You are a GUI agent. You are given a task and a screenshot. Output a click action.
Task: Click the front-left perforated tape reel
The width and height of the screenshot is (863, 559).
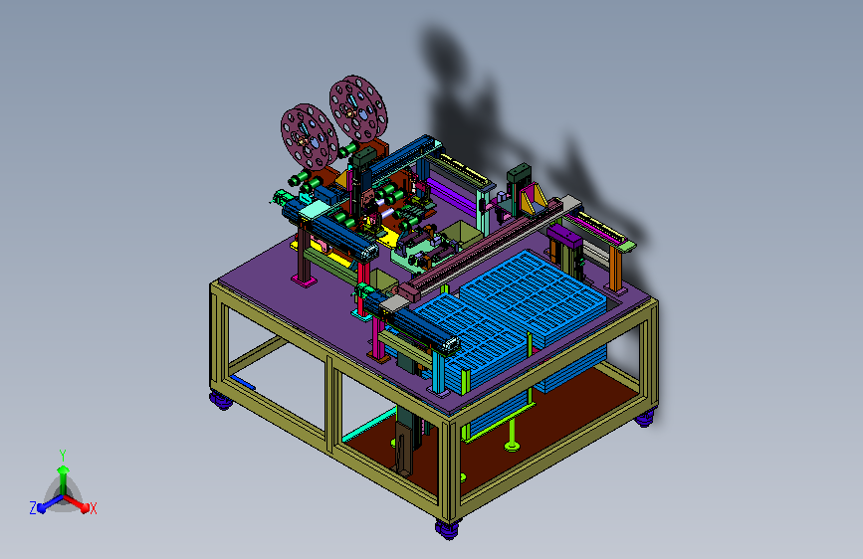pyautogui.click(x=309, y=137)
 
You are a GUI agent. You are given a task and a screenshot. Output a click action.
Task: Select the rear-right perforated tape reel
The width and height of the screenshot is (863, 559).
pyautogui.click(x=358, y=109)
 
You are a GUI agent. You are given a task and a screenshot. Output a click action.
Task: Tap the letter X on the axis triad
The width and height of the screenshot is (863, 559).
pyautogui.click(x=93, y=508)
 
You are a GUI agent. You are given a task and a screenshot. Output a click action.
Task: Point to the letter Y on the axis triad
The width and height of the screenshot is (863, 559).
pyautogui.click(x=63, y=456)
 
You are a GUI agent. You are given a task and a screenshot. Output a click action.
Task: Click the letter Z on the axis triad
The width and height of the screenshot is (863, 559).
pyautogui.click(x=33, y=508)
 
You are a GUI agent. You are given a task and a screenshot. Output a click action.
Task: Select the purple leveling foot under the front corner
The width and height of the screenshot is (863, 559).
pyautogui.click(x=448, y=529)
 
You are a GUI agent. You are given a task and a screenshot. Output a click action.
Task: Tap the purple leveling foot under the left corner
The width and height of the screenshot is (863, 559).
pyautogui.click(x=222, y=400)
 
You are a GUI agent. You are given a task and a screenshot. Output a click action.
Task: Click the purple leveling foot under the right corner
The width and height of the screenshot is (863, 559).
pyautogui.click(x=644, y=419)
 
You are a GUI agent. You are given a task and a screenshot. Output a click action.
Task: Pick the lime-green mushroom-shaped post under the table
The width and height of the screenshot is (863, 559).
pyautogui.click(x=513, y=435)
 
